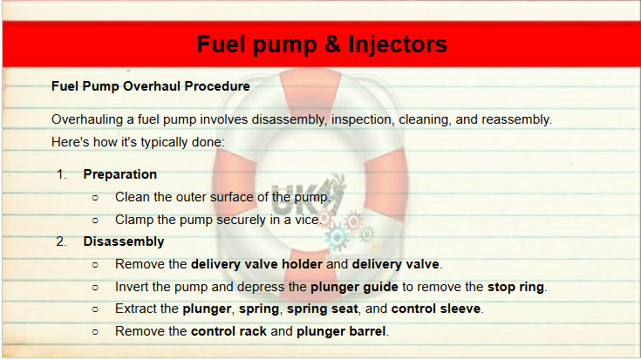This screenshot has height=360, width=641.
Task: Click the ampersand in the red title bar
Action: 333,44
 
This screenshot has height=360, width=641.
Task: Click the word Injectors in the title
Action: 398,44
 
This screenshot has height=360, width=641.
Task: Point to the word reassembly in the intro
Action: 515,119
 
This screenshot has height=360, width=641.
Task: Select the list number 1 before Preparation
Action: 62,174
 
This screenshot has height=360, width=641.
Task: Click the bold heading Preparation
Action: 119,174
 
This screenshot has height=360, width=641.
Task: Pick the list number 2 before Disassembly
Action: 61,241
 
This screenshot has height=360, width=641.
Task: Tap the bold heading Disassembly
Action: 124,241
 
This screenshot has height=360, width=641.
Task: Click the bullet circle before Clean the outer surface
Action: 95,198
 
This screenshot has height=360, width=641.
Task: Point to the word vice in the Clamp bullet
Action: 307,220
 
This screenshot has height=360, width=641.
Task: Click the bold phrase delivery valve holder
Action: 256,264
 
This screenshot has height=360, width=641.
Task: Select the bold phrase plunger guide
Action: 354,287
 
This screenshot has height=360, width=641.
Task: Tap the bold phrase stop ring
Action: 515,287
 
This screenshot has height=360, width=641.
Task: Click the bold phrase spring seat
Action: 322,309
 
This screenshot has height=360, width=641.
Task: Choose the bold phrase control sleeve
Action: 436,309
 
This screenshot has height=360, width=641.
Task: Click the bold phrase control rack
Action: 228,331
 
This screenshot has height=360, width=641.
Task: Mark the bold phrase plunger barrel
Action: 341,331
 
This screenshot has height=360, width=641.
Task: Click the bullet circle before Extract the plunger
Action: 95,309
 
